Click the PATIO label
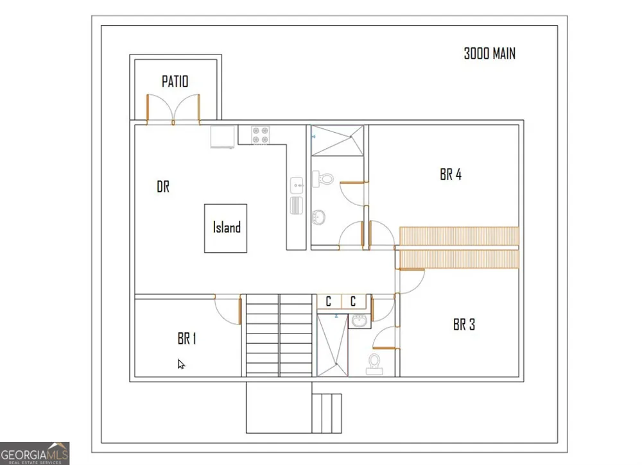point(175,81)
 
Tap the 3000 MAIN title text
point(489,54)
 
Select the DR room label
point(163,187)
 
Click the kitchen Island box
point(225,228)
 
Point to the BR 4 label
point(451,174)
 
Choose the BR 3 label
point(464,325)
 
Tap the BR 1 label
point(187,339)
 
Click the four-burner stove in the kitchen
point(261,135)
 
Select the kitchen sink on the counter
point(297,185)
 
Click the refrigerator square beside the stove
point(223,137)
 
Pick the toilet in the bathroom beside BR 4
point(323,179)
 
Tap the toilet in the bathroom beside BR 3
point(374,364)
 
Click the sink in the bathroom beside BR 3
point(360,321)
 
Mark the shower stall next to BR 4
point(338,140)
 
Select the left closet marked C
point(329,301)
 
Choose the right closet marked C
point(353,301)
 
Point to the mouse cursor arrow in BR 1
point(181,364)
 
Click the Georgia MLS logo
point(35,453)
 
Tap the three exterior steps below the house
point(327,414)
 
